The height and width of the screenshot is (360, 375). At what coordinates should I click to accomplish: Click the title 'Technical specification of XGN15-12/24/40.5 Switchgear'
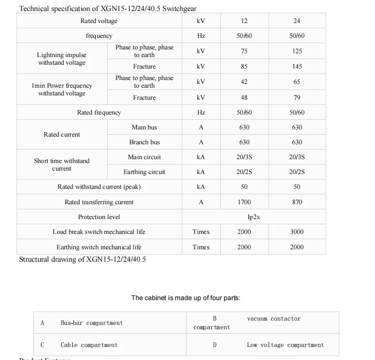(x=108, y=9)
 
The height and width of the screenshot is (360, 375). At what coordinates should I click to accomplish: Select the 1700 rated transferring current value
(x=244, y=202)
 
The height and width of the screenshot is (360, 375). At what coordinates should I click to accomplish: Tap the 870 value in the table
(x=297, y=202)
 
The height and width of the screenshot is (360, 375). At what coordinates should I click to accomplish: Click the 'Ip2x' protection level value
(x=253, y=217)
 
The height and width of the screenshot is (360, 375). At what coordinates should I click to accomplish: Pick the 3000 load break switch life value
(x=297, y=232)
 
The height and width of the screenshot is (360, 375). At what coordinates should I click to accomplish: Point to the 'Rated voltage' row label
(x=99, y=21)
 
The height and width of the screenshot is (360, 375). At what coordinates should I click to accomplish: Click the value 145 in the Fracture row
(x=297, y=67)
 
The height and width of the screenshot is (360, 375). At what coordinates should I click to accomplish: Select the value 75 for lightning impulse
(x=244, y=51)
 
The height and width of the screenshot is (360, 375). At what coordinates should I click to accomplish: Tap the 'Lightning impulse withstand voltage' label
(x=62, y=59)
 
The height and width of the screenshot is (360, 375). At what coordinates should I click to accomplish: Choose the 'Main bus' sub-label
(x=144, y=128)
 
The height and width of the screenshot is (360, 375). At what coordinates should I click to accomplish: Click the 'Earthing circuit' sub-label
(x=144, y=172)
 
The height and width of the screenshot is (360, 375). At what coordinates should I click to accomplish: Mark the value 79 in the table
(x=297, y=98)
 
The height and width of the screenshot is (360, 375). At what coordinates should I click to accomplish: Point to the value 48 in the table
(x=244, y=98)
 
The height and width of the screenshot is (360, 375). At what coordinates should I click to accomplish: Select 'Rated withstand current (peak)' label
(x=99, y=187)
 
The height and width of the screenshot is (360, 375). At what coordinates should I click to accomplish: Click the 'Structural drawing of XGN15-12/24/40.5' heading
(x=82, y=259)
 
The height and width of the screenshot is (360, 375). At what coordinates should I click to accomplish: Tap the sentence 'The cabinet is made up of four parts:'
(x=186, y=298)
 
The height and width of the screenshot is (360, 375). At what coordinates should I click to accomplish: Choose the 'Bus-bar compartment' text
(x=91, y=323)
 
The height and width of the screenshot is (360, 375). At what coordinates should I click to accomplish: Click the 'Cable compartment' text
(x=89, y=345)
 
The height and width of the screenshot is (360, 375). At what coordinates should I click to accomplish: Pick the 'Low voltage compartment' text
(x=285, y=345)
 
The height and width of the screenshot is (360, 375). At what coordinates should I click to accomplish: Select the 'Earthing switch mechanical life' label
(x=99, y=247)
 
